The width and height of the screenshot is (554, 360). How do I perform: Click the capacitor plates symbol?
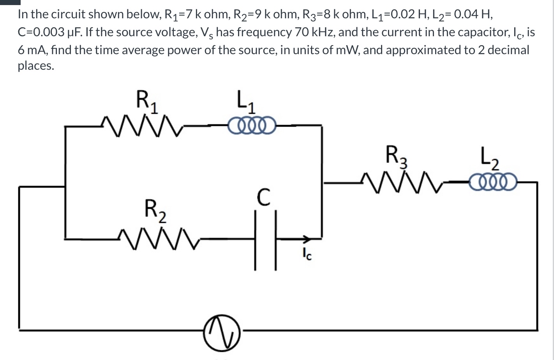click(x=266, y=239)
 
